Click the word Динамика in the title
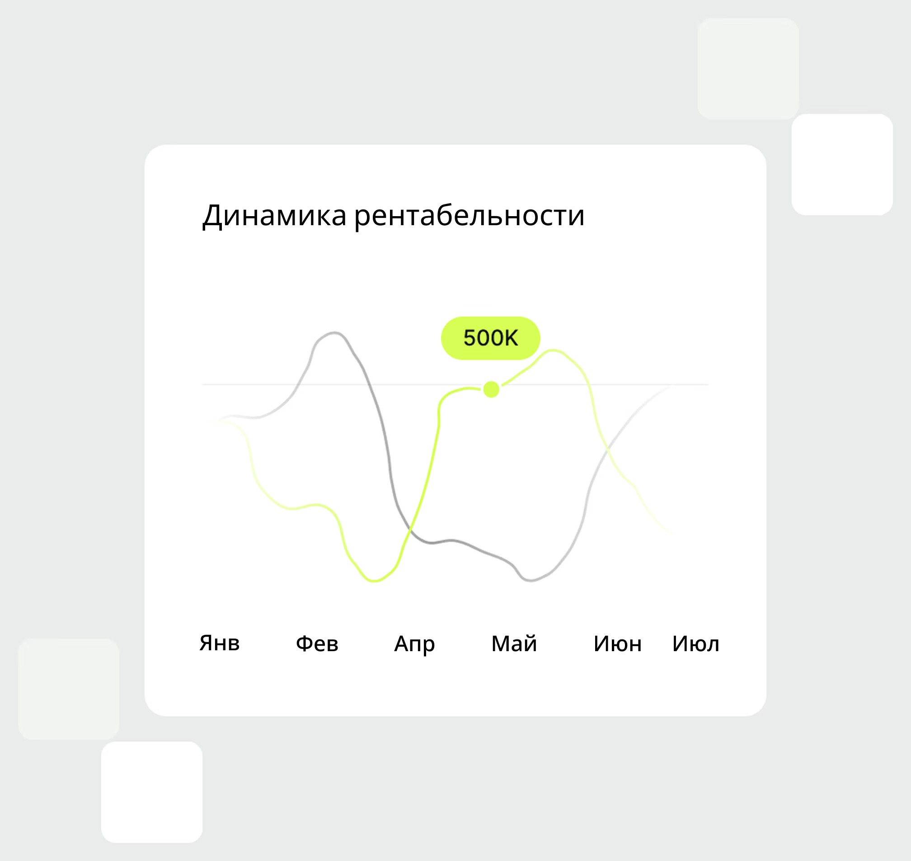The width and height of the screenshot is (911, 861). point(274,215)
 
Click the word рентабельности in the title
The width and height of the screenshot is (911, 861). point(469,215)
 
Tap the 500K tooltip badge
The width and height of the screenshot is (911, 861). point(490,338)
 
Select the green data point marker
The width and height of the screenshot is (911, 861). point(491,389)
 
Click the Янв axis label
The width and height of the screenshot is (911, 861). point(219,643)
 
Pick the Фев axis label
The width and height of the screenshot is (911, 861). point(317,643)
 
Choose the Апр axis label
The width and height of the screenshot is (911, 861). point(414,644)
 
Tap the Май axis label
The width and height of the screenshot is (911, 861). point(514,643)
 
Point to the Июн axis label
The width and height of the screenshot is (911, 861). point(617,643)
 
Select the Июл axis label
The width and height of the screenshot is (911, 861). point(695,643)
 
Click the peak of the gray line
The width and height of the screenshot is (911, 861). point(334,332)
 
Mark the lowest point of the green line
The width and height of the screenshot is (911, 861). point(374,581)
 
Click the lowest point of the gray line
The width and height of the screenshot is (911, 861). point(530,581)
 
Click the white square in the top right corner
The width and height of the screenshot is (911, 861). point(842,164)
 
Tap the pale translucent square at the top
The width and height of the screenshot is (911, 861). point(748,68)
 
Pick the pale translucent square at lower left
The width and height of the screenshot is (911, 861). point(68,688)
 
